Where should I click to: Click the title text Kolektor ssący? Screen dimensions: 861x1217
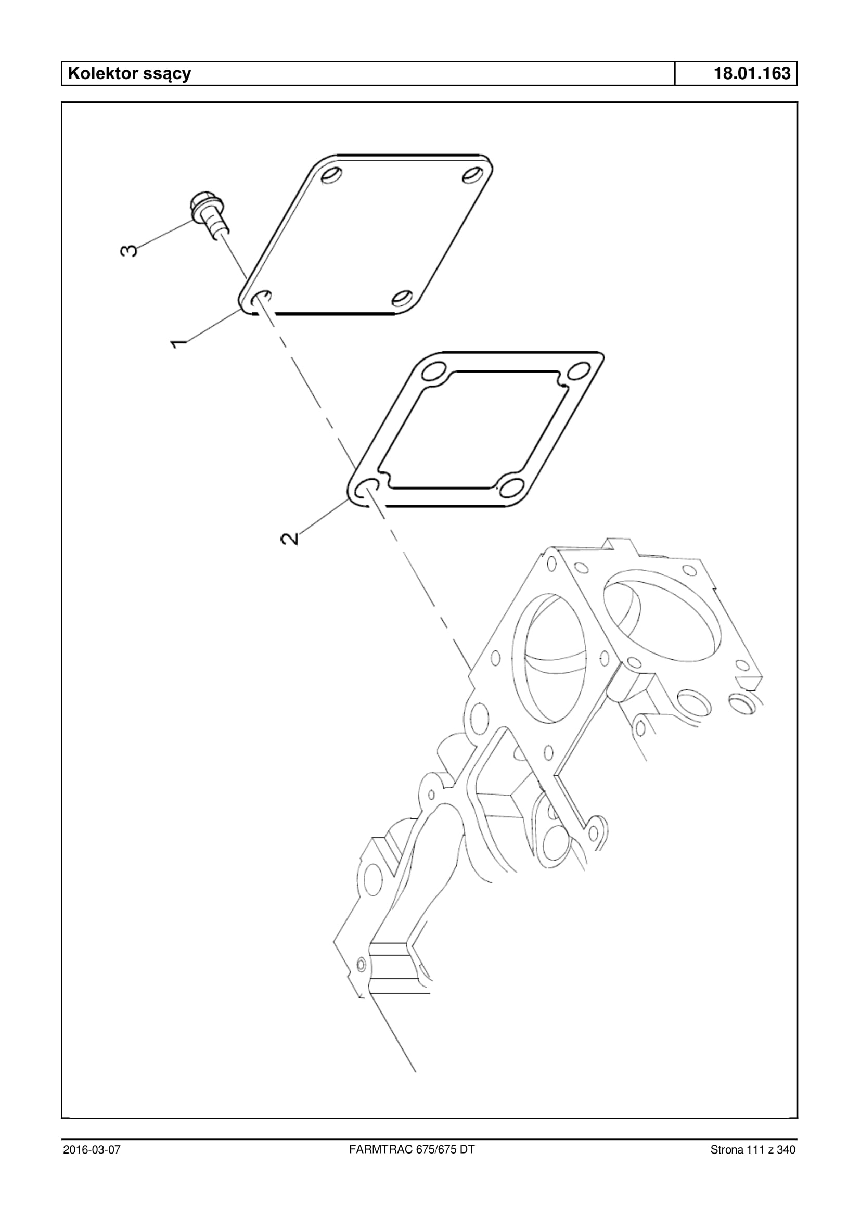click(130, 74)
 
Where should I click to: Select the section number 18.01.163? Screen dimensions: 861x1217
click(752, 73)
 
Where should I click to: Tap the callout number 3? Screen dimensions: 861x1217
click(129, 250)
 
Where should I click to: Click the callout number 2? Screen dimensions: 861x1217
click(289, 539)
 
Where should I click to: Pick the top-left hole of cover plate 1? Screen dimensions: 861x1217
click(331, 175)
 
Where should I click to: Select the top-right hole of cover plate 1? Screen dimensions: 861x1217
click(472, 175)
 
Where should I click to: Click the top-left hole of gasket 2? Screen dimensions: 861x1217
click(436, 370)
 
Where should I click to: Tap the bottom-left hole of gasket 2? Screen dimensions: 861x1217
click(367, 488)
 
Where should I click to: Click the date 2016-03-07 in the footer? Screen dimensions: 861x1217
click(92, 1150)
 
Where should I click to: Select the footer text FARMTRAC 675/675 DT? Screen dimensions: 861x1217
click(412, 1149)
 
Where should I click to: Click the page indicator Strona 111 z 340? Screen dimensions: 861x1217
click(753, 1150)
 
